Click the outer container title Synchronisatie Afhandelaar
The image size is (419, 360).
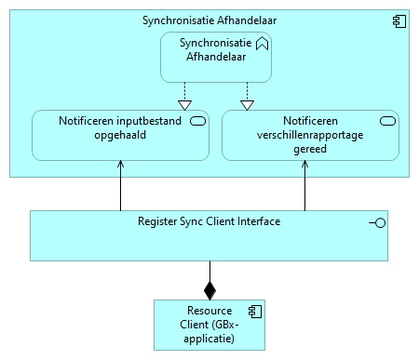209,20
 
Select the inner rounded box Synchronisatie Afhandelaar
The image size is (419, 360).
217,57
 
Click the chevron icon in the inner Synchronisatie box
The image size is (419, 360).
262,43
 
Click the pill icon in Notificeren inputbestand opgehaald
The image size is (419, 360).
197,121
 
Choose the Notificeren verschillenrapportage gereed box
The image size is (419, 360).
310,135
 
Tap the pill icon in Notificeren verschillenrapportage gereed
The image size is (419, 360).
387,121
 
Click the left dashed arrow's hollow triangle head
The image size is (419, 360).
184,104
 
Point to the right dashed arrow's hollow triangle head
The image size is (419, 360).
247,104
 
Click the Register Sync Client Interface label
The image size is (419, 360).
209,221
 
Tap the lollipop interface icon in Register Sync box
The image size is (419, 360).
377,222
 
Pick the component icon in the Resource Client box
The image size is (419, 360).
252,311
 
